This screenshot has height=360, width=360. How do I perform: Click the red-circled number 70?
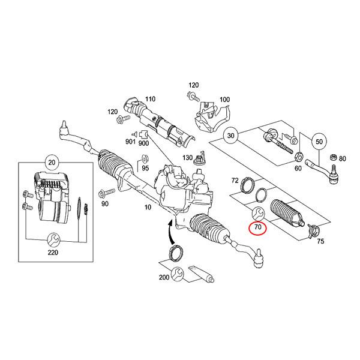pos(258,228)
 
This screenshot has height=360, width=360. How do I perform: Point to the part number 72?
pos(235,180)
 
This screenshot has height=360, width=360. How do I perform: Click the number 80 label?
pos(343,159)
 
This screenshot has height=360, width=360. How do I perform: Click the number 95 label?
pos(145,169)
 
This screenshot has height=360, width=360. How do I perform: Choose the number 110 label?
pos(149,99)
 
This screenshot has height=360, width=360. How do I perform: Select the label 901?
pos(130,142)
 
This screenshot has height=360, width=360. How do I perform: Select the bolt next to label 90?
pos(106,193)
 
